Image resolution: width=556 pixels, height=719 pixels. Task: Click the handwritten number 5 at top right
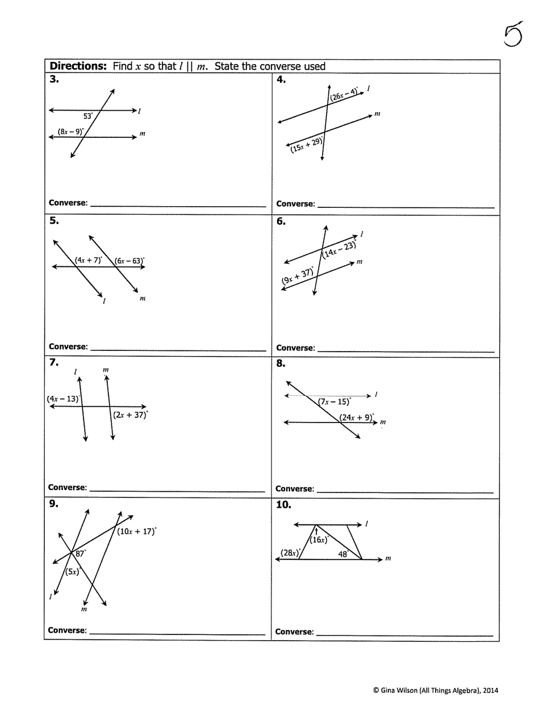(x=512, y=36)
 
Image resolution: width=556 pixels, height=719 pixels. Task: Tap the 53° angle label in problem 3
(x=88, y=116)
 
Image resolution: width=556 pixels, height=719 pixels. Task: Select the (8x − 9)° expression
(x=70, y=132)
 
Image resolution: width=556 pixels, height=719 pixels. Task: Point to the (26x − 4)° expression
(x=344, y=94)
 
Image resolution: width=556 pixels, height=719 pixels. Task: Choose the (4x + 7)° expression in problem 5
(x=88, y=260)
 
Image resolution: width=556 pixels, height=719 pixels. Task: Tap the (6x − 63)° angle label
(x=129, y=261)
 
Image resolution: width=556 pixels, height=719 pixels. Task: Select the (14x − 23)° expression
(x=340, y=249)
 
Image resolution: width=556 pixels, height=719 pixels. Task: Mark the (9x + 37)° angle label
(x=298, y=277)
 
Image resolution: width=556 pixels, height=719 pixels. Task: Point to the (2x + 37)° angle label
(x=130, y=415)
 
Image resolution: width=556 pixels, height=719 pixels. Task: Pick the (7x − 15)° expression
(x=335, y=402)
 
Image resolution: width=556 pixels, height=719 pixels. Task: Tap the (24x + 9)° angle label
(x=357, y=417)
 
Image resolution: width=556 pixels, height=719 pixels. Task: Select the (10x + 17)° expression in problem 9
(x=137, y=532)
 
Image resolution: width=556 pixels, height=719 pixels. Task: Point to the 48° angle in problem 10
(x=343, y=554)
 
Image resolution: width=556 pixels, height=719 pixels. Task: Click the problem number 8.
(x=281, y=363)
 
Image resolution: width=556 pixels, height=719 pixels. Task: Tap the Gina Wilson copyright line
(x=435, y=691)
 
